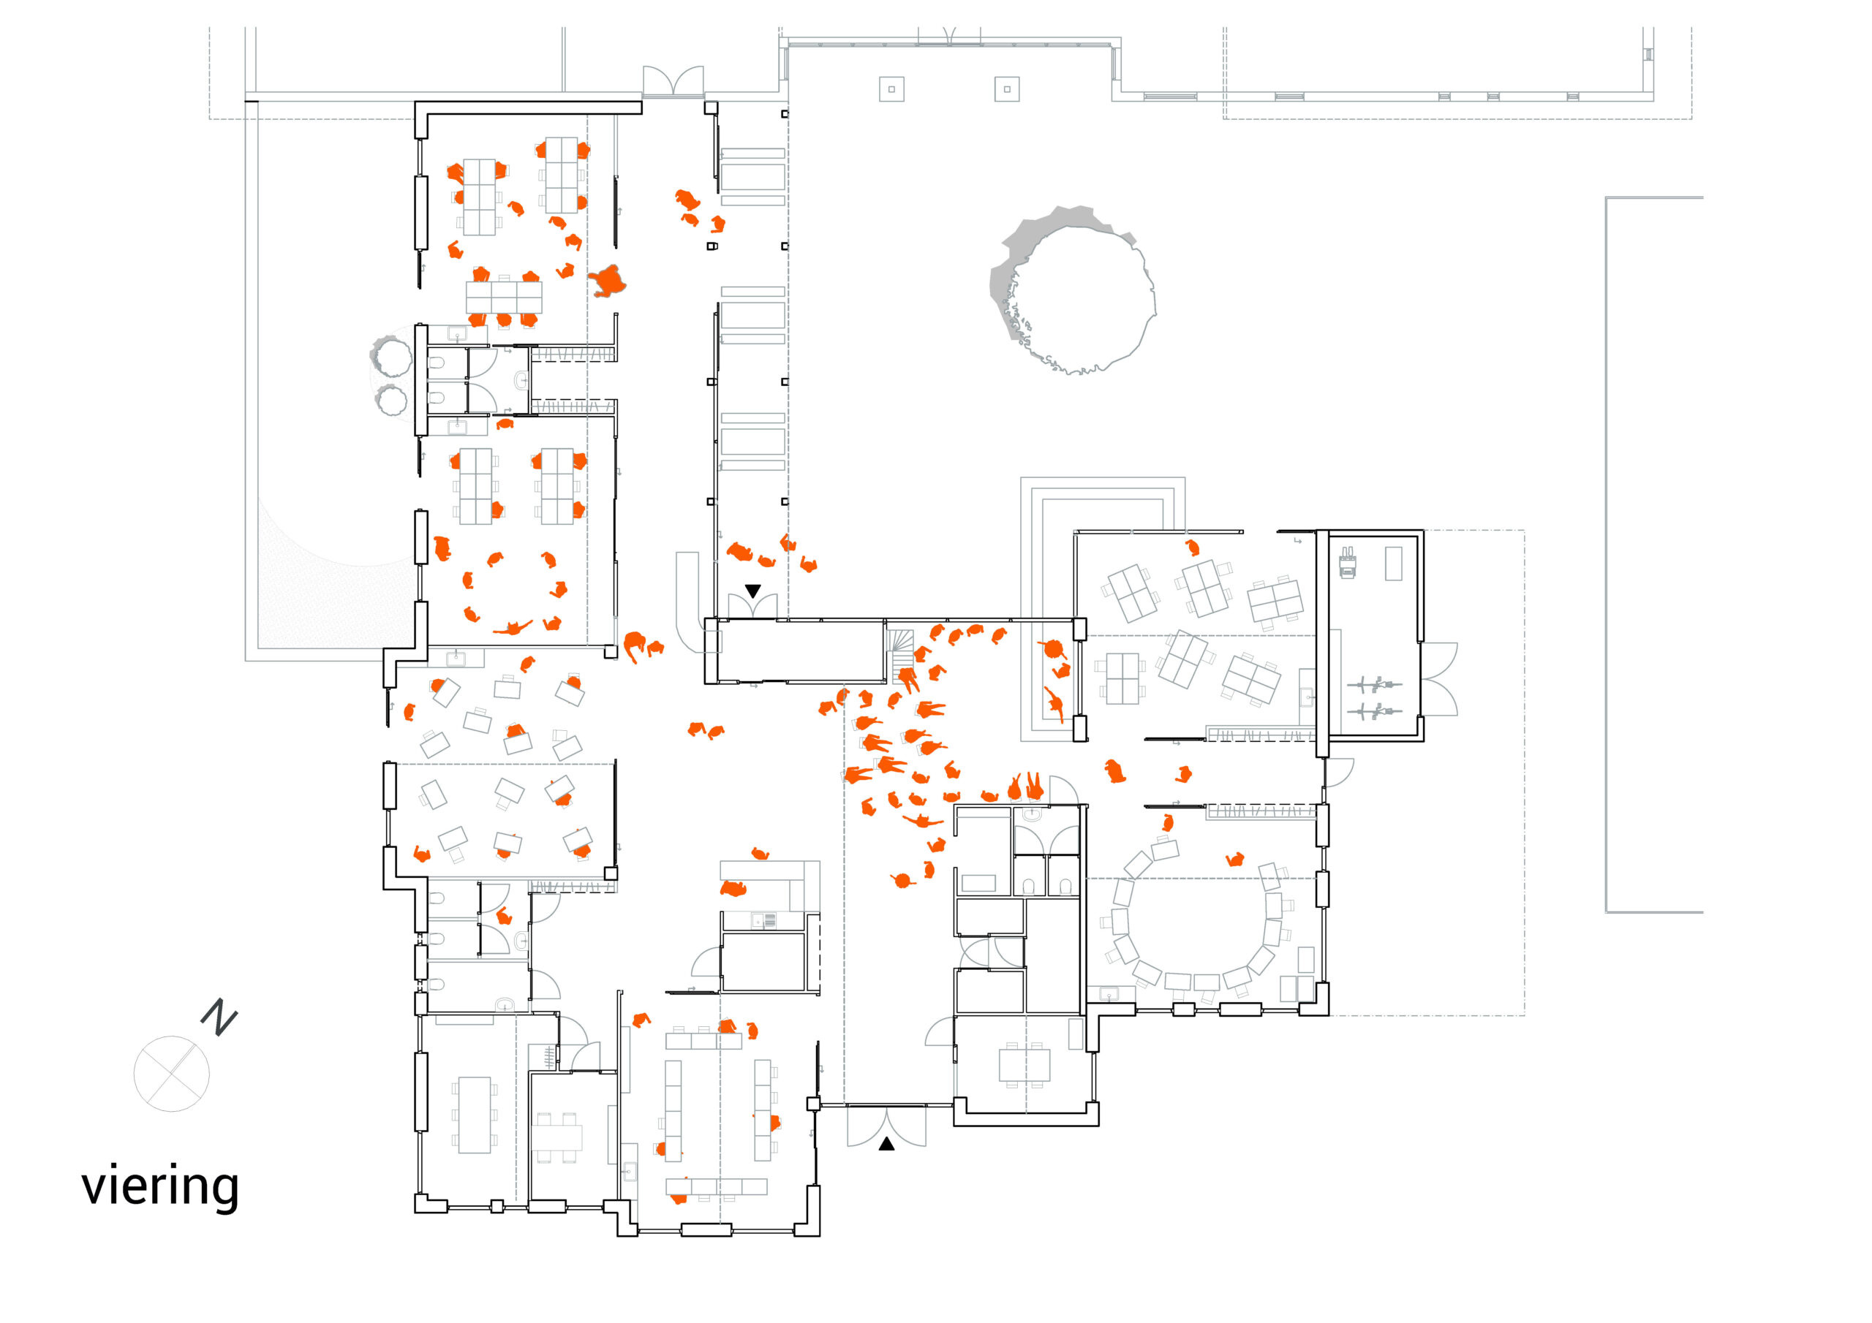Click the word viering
160,1188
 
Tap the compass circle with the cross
171,1074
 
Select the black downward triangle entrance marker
752,591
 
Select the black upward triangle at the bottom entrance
886,1145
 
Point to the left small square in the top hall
891,89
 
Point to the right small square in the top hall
1007,89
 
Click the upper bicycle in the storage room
1375,685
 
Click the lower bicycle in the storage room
1375,713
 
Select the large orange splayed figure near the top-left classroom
608,281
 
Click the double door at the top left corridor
673,83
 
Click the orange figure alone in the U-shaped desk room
1235,859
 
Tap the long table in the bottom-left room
475,1115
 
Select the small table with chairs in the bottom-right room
1024,1064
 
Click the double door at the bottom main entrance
886,1125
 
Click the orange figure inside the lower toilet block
504,917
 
